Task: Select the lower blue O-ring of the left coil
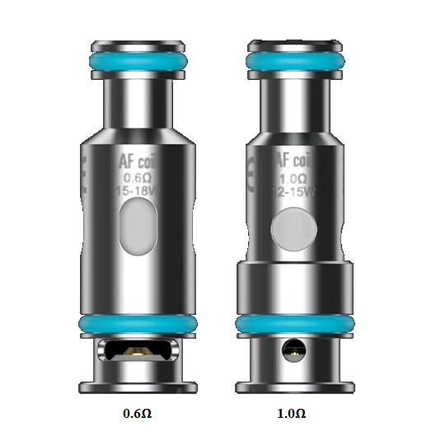tap(138, 324)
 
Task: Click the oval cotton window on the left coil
tap(138, 228)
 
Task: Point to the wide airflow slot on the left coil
tap(138, 352)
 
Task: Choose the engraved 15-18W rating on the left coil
tap(138, 190)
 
